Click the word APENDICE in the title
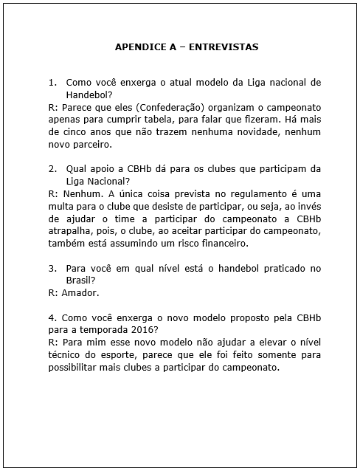point(141,47)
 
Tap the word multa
point(61,206)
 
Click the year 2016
point(143,330)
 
